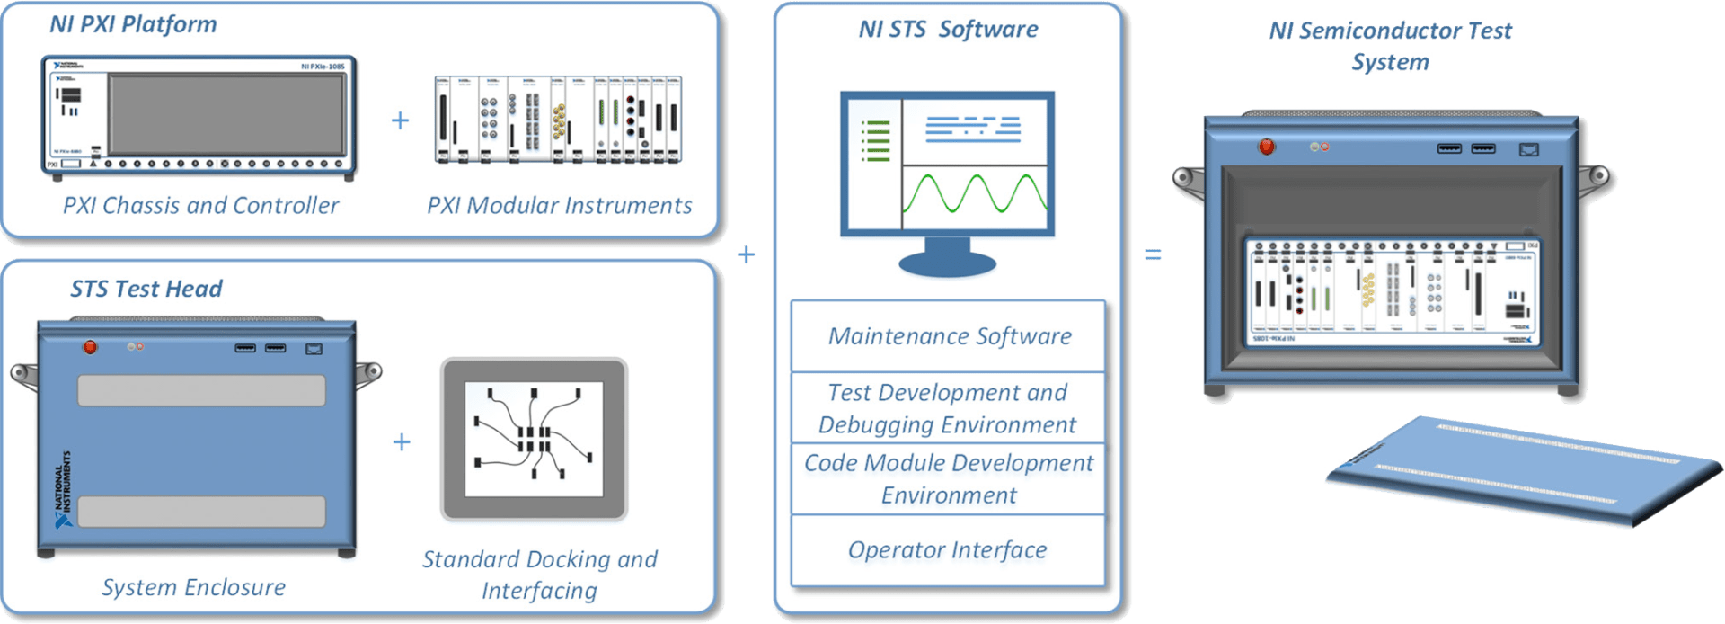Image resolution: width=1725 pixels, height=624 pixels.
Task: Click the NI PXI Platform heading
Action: (133, 24)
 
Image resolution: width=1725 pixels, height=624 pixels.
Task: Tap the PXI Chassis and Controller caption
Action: (200, 206)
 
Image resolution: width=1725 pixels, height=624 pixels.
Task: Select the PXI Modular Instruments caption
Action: (559, 206)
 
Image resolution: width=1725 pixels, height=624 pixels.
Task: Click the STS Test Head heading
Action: (146, 289)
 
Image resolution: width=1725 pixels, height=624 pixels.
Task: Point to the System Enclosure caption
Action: (193, 587)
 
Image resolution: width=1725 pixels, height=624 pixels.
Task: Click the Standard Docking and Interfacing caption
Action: (539, 575)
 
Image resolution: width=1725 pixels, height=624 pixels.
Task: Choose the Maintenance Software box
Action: (949, 336)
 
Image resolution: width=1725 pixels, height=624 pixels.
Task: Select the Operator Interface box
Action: (948, 550)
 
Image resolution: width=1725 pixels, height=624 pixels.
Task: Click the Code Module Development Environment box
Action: (949, 479)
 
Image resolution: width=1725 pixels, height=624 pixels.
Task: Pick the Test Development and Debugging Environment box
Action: (948, 408)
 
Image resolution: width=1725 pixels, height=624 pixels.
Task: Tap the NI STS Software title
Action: (948, 30)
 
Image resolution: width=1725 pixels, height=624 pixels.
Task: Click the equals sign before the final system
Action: (1152, 256)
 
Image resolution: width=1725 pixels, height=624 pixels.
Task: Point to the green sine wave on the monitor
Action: (974, 193)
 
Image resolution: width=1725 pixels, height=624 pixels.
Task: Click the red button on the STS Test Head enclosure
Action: (90, 346)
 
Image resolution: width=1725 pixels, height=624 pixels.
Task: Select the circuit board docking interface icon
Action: (534, 440)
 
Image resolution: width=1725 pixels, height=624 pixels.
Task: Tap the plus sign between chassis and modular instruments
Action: (401, 120)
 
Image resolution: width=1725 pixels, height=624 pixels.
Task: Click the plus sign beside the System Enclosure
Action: (402, 441)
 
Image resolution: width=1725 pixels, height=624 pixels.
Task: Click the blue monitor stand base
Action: (948, 263)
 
